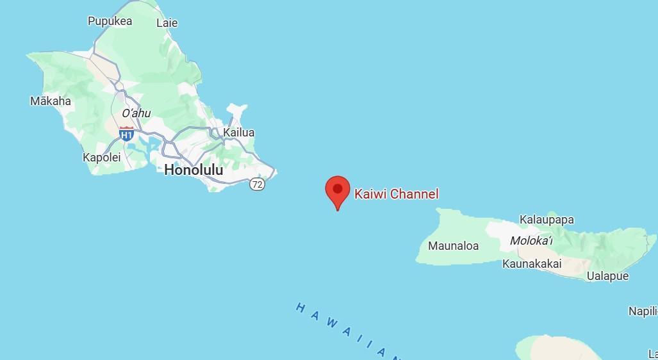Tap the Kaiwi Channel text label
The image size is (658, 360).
coord(396,194)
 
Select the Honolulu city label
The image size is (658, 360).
coord(193,170)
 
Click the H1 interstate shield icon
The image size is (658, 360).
coord(126,134)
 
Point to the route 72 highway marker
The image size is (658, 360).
coord(257,184)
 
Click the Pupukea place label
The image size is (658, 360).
coord(110,21)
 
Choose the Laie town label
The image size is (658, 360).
coord(167,23)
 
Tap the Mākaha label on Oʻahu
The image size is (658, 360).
coord(51,101)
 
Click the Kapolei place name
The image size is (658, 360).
coord(101,158)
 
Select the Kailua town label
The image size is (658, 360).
coord(238,133)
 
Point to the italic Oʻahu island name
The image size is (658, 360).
coord(136,113)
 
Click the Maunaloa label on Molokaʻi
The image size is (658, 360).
coord(453,246)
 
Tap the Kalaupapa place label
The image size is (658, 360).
coord(547,220)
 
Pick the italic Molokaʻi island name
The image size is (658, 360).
coord(531,241)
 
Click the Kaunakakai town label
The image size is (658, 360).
coord(532,264)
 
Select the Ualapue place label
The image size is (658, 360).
coord(607,276)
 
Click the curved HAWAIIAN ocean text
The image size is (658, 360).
coord(347,329)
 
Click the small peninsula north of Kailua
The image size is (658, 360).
coord(238,113)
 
